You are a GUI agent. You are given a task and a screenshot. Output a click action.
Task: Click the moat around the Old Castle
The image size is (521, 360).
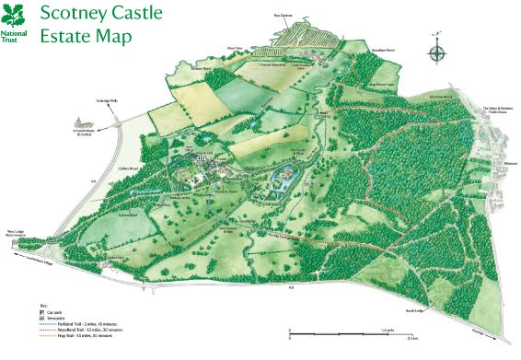tap(281, 185)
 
